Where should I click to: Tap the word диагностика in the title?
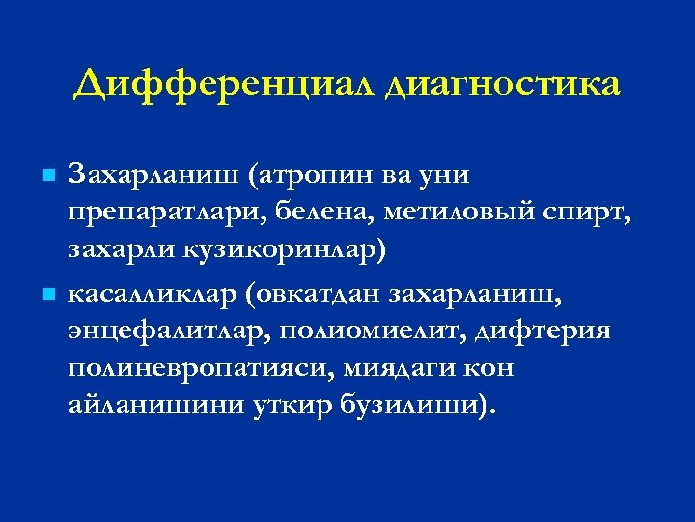tap(502, 85)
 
